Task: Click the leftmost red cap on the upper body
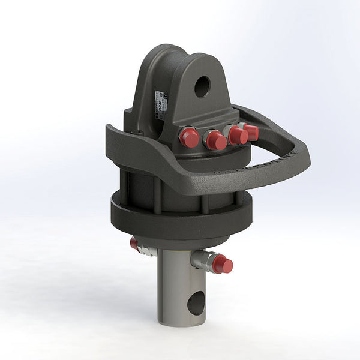click(x=189, y=138)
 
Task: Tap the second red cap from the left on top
click(x=216, y=140)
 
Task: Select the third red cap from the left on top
click(x=238, y=136)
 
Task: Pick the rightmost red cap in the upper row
click(x=251, y=132)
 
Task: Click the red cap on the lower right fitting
click(x=223, y=264)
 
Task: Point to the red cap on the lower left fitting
click(x=134, y=243)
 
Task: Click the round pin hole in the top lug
click(x=202, y=86)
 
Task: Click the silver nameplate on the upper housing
click(x=160, y=106)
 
